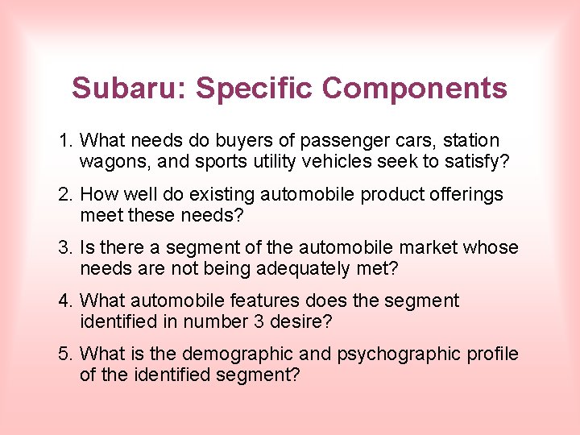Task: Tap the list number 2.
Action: [65, 194]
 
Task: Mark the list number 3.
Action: [65, 247]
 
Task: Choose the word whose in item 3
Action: [491, 247]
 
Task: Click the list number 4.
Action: [65, 300]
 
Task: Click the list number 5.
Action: [65, 354]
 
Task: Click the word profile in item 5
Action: [491, 354]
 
